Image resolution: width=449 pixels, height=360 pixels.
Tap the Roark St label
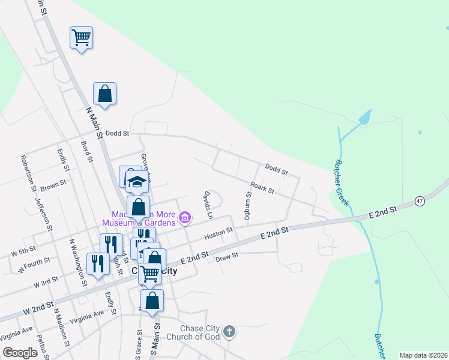tap(262, 188)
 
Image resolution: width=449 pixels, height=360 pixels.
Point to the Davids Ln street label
tap(208, 205)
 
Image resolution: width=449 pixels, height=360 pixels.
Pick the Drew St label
tap(227, 256)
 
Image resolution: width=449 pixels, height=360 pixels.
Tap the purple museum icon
tap(185, 217)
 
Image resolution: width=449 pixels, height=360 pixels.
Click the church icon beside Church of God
tap(229, 331)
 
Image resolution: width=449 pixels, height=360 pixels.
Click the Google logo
tap(20, 352)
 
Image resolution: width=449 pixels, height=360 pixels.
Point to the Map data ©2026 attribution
tap(423, 355)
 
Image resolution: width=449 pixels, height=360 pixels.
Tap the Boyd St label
tap(88, 151)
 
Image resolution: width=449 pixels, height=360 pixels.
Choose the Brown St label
tap(53, 186)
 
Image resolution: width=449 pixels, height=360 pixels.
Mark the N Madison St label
tap(62, 327)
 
